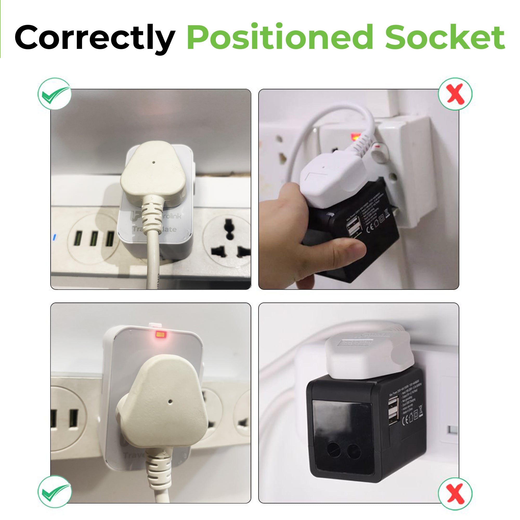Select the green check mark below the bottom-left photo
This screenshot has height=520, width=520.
click(x=55, y=492)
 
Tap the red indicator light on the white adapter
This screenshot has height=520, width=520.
click(x=161, y=335)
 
